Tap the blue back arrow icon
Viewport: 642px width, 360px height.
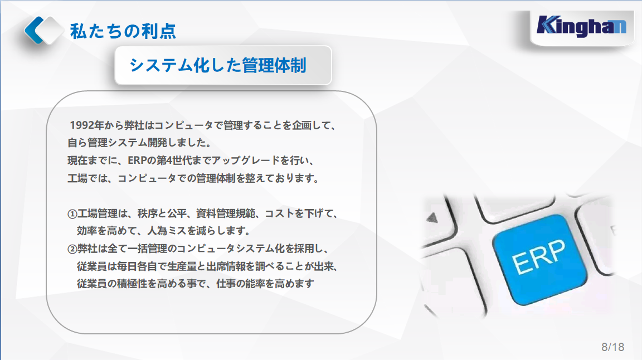click(35, 30)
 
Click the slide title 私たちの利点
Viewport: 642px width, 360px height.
click(123, 31)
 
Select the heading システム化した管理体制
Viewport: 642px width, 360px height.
click(217, 65)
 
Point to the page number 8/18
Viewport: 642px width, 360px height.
click(612, 347)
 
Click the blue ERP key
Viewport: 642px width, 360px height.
click(539, 260)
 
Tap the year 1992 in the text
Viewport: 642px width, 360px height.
click(81, 125)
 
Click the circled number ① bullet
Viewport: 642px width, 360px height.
click(72, 214)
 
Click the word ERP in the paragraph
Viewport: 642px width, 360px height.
click(137, 160)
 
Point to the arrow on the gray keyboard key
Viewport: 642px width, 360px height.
click(432, 217)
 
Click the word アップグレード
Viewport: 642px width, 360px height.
click(241, 160)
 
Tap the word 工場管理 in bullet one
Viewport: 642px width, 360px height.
click(98, 213)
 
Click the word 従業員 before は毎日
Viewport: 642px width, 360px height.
click(92, 266)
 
